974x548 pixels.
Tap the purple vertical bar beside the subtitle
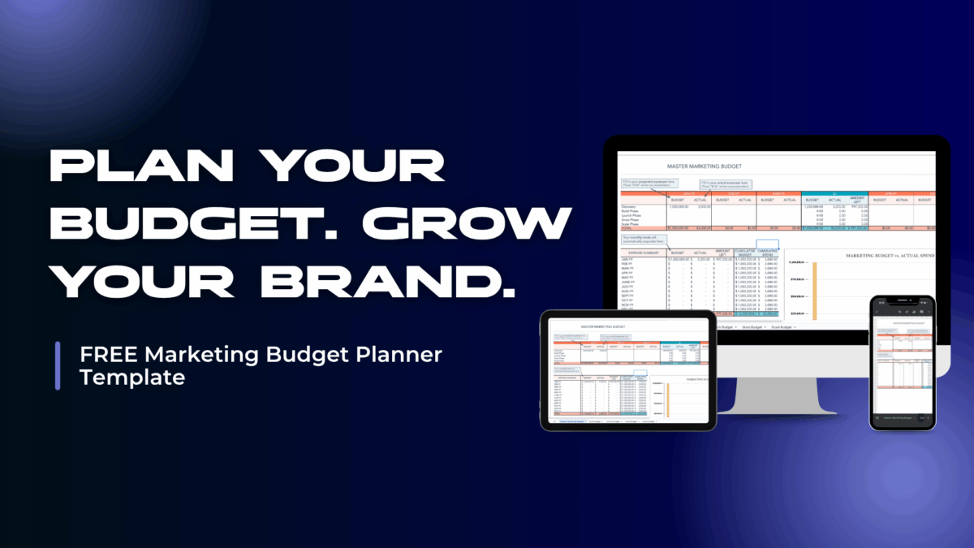[58, 365]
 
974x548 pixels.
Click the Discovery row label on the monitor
[634, 207]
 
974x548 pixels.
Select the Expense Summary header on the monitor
[641, 253]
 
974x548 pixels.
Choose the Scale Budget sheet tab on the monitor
[782, 326]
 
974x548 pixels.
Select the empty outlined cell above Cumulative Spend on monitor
[767, 244]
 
